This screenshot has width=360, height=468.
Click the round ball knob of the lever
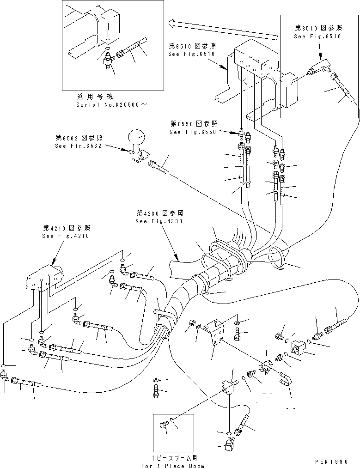pyautogui.click(x=138, y=138)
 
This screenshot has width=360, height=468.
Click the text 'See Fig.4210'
pyautogui.click(x=66, y=236)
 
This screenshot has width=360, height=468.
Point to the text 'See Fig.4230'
pyautogui.click(x=159, y=221)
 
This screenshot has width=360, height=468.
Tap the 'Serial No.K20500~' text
pyautogui.click(x=112, y=105)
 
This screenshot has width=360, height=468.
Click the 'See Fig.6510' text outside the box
pyautogui.click(x=192, y=54)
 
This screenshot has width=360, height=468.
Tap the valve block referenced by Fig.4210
pyautogui.click(x=44, y=280)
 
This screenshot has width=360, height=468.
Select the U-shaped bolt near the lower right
pyautogui.click(x=285, y=378)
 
